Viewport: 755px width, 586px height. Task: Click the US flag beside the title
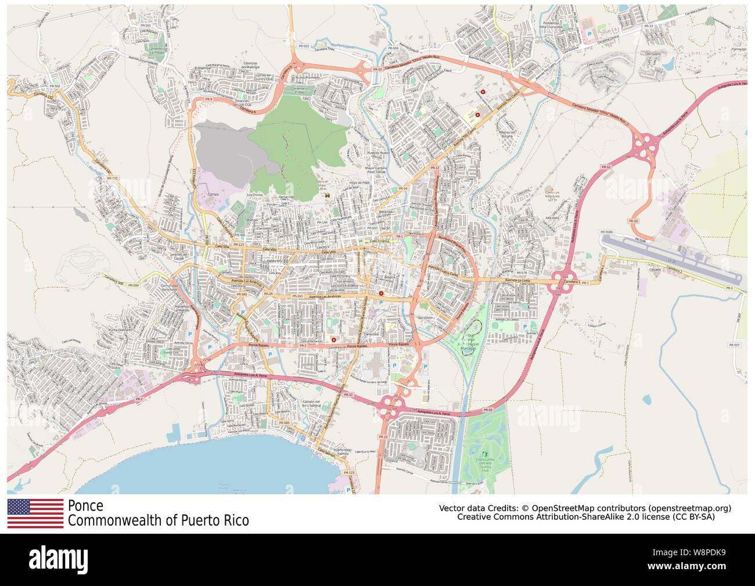click(x=35, y=513)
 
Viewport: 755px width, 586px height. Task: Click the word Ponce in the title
click(x=85, y=505)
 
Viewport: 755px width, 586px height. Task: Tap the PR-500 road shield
click(x=133, y=285)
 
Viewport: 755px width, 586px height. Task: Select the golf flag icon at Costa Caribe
click(x=484, y=451)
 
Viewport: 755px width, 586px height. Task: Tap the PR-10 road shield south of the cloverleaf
click(x=633, y=221)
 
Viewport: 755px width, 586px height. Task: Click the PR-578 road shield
click(x=522, y=272)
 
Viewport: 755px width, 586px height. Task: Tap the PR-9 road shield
click(x=207, y=99)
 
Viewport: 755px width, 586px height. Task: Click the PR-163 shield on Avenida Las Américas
click(x=297, y=296)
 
